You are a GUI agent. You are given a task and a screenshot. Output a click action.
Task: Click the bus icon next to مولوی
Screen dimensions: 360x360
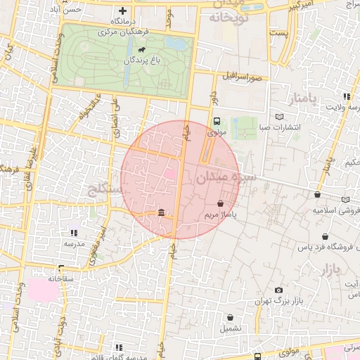(x=217, y=121)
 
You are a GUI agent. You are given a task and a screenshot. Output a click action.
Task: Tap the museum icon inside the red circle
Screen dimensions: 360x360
(x=162, y=214)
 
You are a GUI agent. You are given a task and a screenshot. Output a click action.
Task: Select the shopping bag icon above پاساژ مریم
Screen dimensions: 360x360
(x=221, y=202)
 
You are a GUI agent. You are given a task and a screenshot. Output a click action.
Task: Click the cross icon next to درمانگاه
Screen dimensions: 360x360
(x=124, y=11)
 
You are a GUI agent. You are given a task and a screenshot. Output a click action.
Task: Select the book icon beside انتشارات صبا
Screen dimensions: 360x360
(x=281, y=116)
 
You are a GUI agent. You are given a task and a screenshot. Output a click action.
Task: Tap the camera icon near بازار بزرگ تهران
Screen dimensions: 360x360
(x=279, y=290)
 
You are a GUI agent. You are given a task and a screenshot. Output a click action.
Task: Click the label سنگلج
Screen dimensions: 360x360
(x=104, y=188)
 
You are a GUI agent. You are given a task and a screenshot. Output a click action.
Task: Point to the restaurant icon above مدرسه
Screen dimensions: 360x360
(x=74, y=233)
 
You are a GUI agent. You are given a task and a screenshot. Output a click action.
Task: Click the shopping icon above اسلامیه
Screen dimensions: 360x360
(x=318, y=195)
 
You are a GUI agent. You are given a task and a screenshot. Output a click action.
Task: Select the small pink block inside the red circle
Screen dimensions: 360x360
(x=170, y=173)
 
